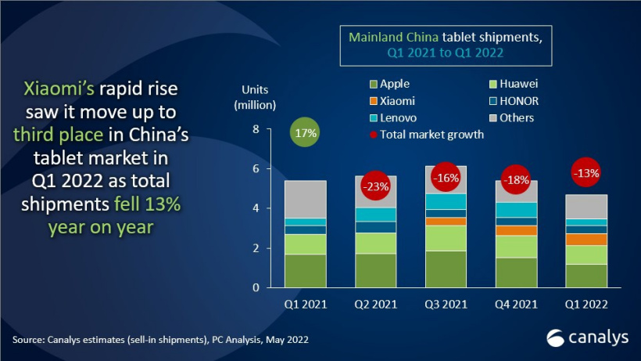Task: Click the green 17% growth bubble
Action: (x=306, y=132)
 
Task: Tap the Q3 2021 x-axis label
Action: (x=445, y=304)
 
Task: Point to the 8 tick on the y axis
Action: (x=255, y=129)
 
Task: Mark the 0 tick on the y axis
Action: (x=255, y=288)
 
